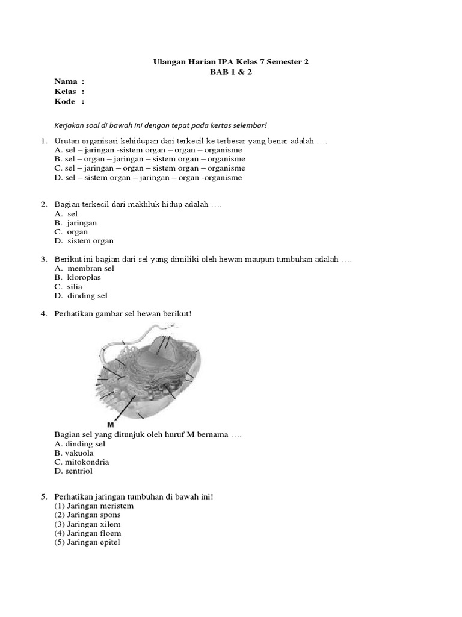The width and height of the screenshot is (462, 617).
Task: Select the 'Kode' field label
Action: (65, 101)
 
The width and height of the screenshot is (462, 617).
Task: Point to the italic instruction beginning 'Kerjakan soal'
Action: (160, 125)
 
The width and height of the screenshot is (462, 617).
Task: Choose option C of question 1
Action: (149, 168)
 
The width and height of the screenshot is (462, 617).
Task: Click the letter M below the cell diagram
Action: (111, 424)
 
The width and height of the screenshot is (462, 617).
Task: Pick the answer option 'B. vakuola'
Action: (74, 453)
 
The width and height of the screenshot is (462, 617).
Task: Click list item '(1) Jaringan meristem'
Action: (94, 506)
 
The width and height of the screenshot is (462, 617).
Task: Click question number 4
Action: (44, 314)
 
